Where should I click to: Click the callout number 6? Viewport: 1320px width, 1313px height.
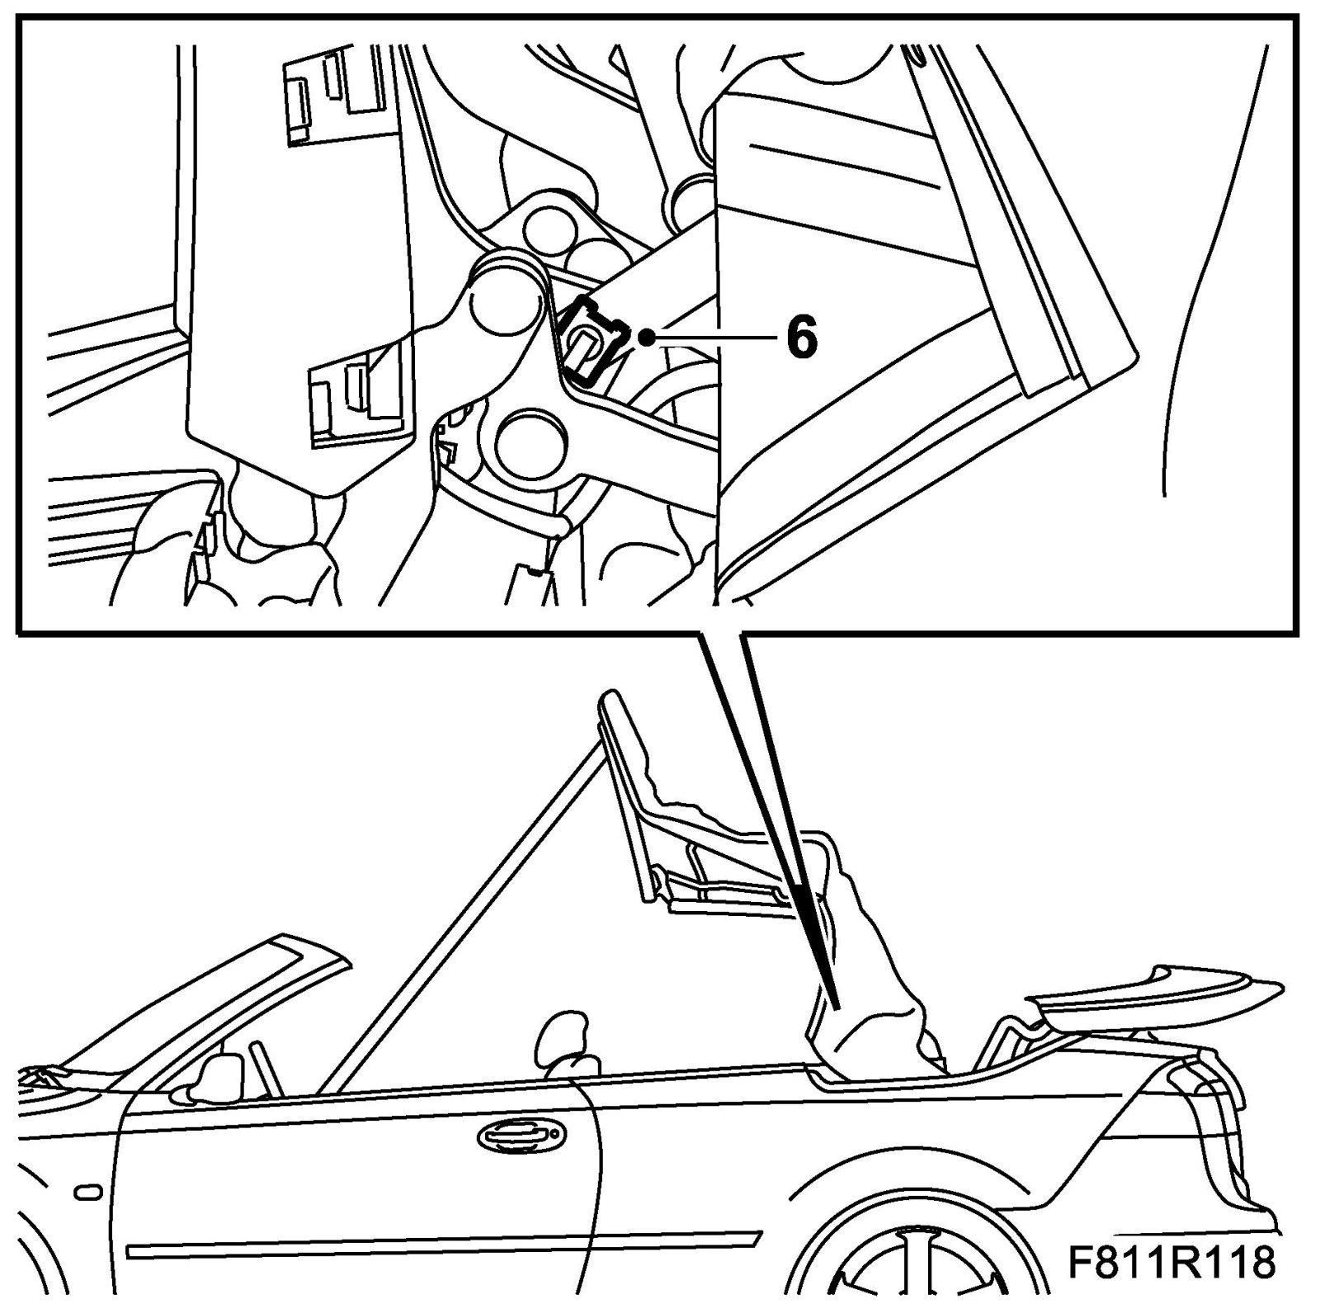click(802, 338)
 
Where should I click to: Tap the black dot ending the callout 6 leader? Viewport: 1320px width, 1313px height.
click(652, 337)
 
